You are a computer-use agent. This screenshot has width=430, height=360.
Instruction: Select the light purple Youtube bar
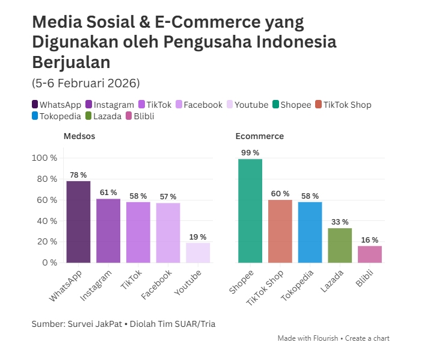[198, 253]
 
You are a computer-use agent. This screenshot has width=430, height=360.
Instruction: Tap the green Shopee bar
[250, 211]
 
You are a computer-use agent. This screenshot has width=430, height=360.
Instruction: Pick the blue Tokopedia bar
[310, 232]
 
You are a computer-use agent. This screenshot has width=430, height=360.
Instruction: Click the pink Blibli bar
[370, 254]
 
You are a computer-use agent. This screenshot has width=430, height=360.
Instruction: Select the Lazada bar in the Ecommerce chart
[340, 245]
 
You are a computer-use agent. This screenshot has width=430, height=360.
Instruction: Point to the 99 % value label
[250, 153]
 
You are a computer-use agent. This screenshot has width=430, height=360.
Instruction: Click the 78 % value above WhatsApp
[78, 175]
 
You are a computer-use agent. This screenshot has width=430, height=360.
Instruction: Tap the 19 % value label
[198, 237]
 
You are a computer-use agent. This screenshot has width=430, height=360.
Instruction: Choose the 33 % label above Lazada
[340, 222]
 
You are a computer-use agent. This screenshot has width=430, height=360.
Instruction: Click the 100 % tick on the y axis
[44, 158]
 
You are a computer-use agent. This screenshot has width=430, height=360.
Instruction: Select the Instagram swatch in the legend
[89, 105]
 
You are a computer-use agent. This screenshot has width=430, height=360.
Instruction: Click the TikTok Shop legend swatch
[318, 105]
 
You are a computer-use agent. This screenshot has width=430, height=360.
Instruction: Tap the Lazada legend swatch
[88, 116]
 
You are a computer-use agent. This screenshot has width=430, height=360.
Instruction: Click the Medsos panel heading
[79, 136]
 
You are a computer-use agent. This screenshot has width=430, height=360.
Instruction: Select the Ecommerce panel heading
[260, 136]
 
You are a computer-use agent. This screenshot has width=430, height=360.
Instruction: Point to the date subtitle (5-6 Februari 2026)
[85, 82]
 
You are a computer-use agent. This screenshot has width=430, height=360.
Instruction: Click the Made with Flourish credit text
[308, 338]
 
